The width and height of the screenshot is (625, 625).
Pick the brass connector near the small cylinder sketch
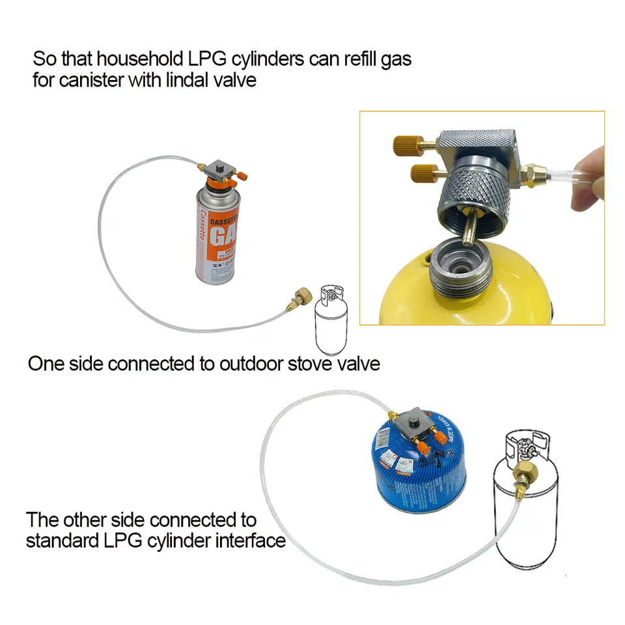pyautogui.click(x=303, y=299)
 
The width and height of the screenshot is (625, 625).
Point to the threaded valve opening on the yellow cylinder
pyautogui.click(x=462, y=263)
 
